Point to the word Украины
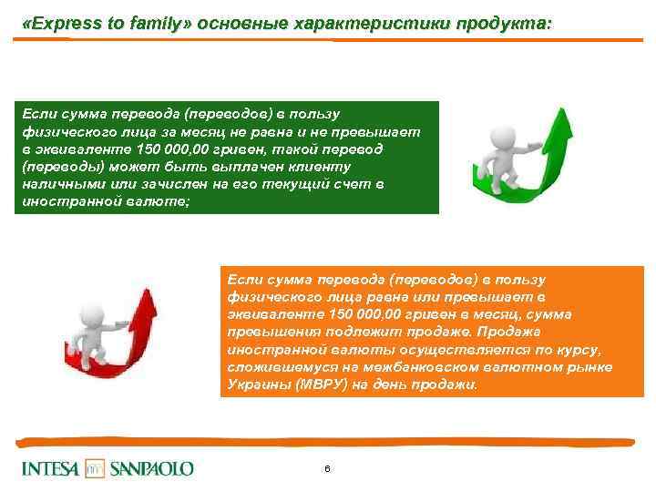tap(251, 384)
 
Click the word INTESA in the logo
tap(50, 469)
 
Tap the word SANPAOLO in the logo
tap(152, 469)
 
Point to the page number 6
tap(326, 468)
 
